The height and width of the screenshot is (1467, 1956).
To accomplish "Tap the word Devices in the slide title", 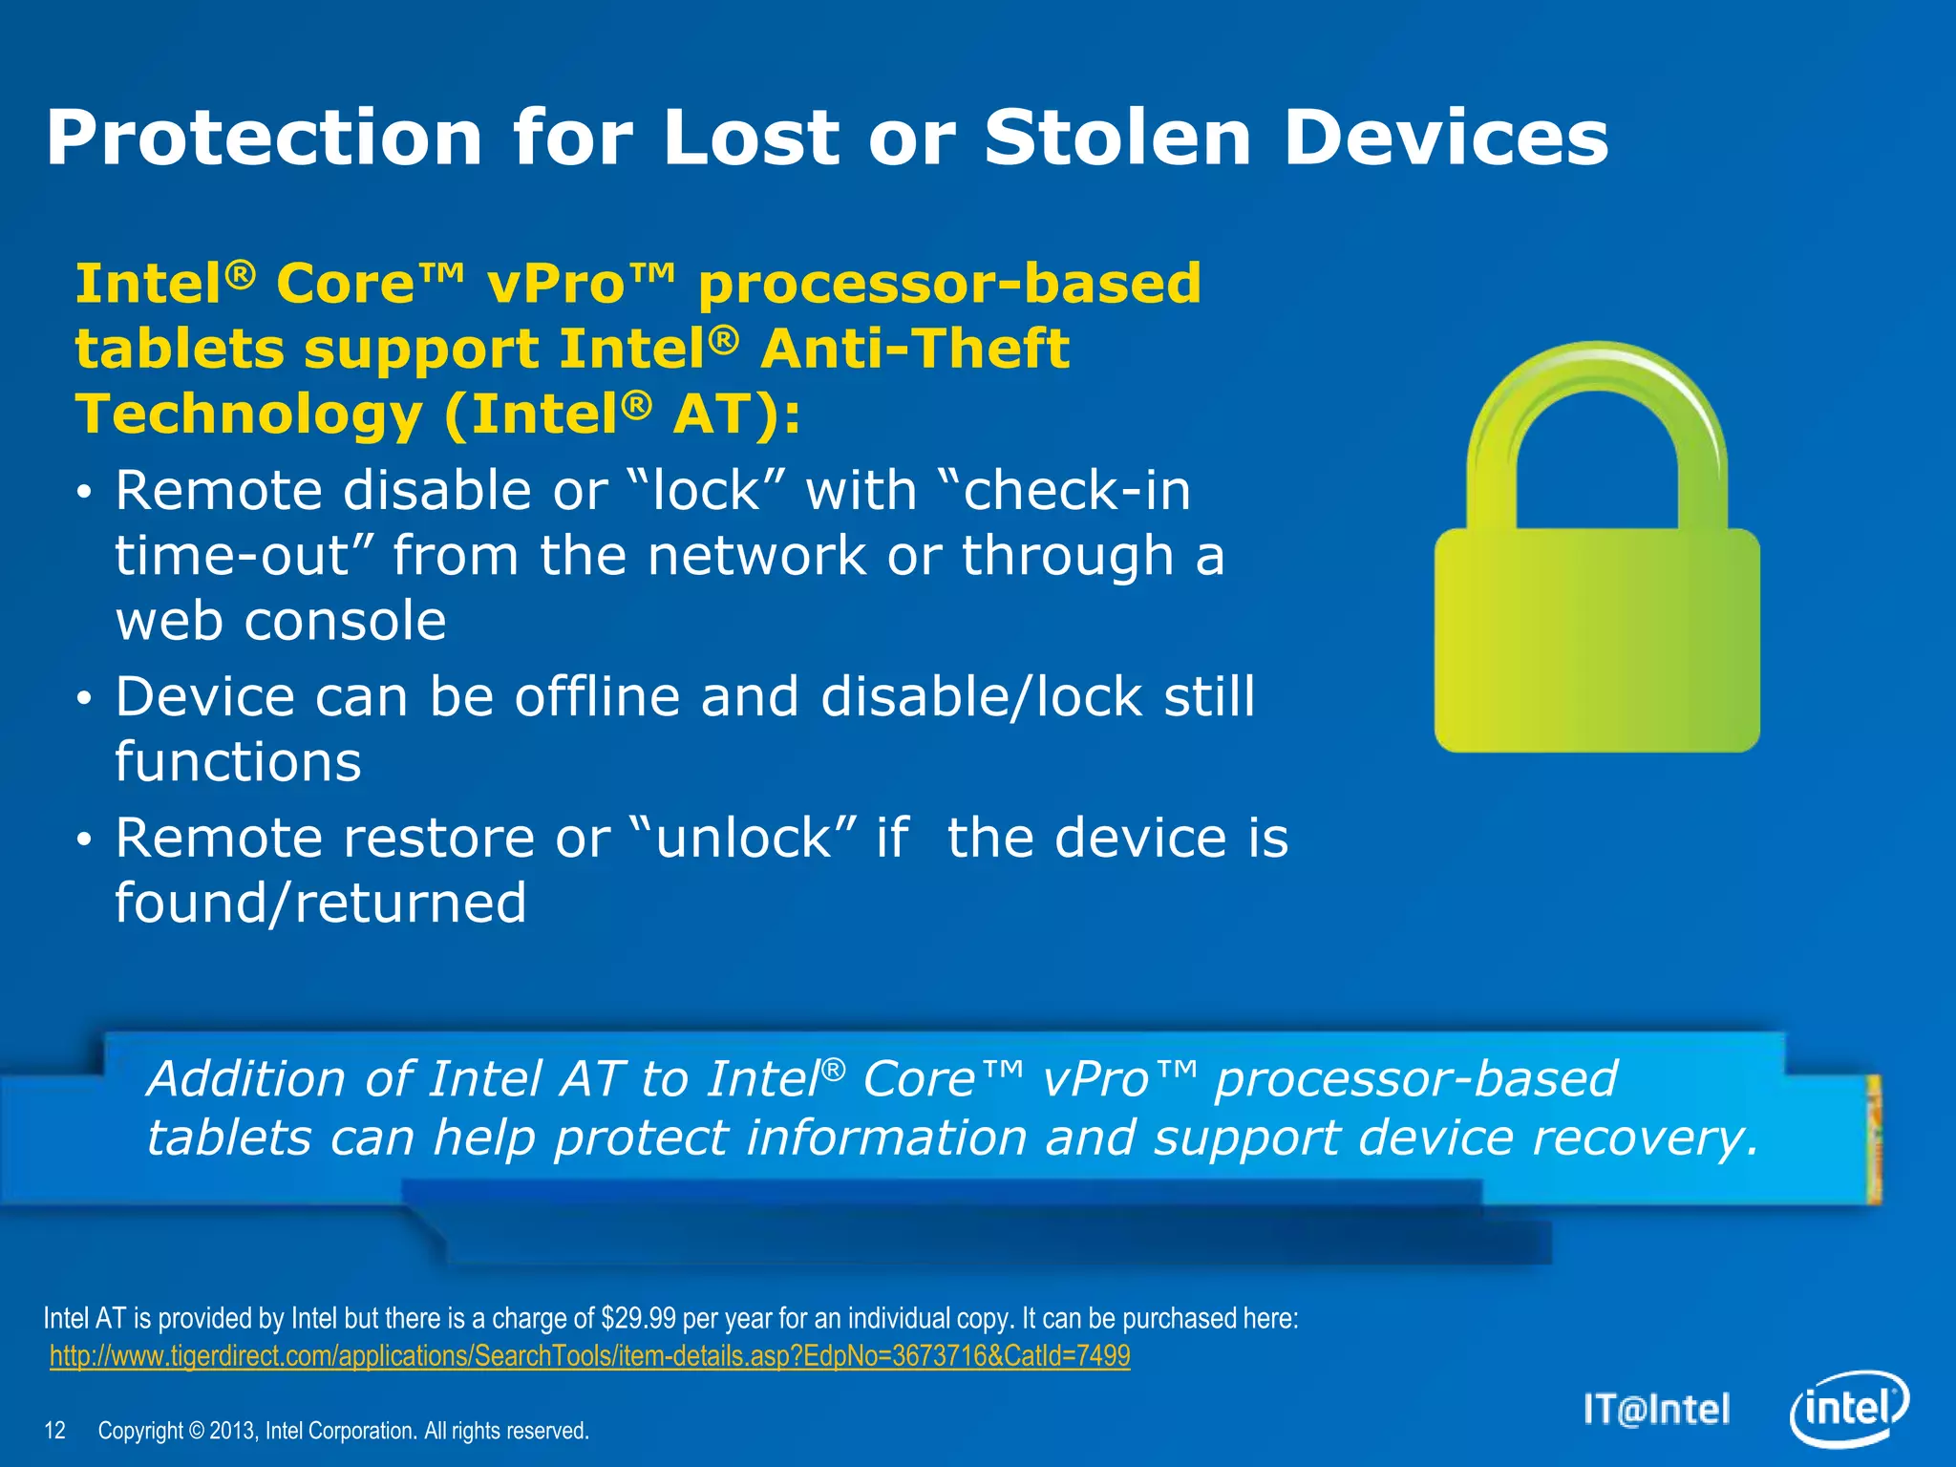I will (1446, 138).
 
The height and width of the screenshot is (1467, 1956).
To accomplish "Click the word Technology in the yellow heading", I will (248, 415).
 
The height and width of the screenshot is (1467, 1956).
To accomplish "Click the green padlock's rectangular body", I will (1597, 640).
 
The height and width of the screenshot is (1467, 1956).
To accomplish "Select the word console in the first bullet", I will (345, 621).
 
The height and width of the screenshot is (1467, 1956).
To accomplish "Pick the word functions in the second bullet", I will (239, 761).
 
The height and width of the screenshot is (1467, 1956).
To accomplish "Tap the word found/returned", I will (321, 903).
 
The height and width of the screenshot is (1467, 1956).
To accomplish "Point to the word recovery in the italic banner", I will (1643, 1138).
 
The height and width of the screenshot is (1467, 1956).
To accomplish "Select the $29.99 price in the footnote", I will (638, 1319).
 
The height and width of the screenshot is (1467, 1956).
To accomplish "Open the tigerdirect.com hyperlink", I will (589, 1356).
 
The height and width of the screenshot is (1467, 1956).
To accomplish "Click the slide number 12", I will (55, 1431).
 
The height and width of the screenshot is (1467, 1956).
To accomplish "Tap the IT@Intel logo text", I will (1656, 1410).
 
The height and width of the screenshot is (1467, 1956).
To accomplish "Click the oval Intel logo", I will (1848, 1410).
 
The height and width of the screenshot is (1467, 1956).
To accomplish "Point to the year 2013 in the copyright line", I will (232, 1431).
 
